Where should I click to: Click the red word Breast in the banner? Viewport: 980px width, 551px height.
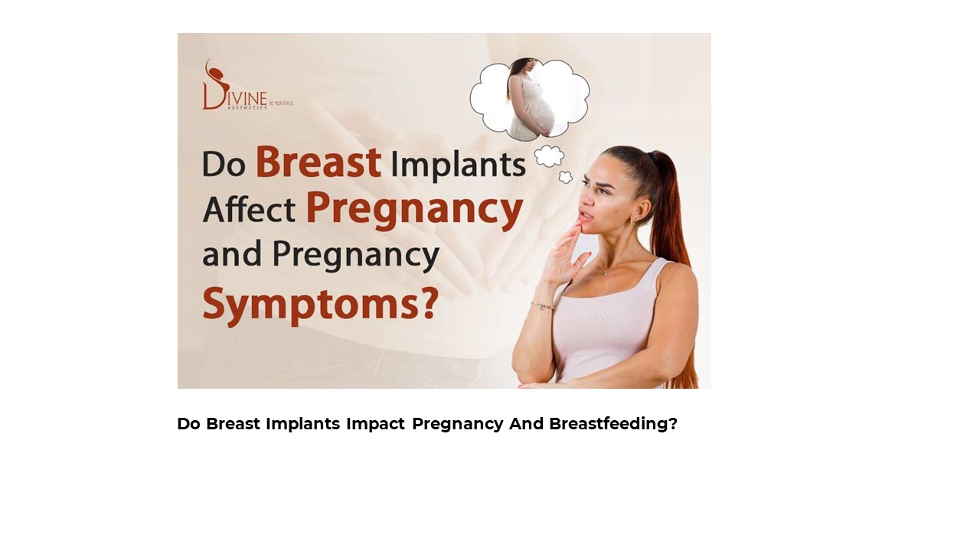pos(318,163)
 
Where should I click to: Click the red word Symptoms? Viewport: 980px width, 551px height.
pos(321,305)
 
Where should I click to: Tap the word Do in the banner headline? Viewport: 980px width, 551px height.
pos(224,165)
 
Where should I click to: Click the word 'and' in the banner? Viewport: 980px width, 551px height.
pos(230,256)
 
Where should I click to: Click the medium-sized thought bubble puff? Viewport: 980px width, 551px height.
pos(549,156)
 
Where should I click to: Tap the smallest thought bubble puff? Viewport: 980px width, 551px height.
pos(566,178)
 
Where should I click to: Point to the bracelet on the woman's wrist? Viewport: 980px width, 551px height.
pos(543,305)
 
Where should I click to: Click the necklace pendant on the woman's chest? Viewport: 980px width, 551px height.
pos(604,272)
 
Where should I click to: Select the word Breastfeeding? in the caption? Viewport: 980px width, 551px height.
pos(613,424)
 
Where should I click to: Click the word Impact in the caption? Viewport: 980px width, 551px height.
pos(375,424)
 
